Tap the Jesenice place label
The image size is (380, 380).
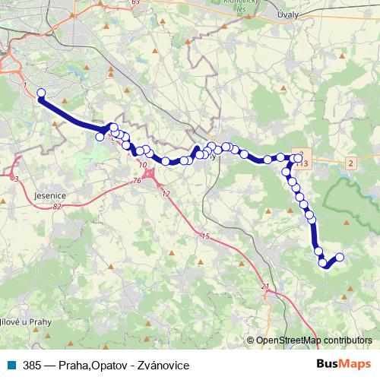click(50, 195)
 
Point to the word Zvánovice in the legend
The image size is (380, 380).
click(162, 366)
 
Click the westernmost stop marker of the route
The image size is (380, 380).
click(41, 93)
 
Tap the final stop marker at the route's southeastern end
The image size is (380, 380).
click(340, 257)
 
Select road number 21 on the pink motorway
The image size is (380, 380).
click(265, 286)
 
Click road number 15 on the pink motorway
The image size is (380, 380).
click(204, 237)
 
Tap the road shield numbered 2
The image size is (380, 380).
click(350, 163)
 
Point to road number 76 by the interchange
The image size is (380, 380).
click(137, 180)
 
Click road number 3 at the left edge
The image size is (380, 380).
click(16, 179)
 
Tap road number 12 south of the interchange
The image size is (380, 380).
click(166, 194)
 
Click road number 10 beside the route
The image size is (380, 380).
click(143, 164)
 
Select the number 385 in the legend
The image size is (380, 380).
click(33, 366)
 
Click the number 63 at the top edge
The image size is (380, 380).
click(136, 3)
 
